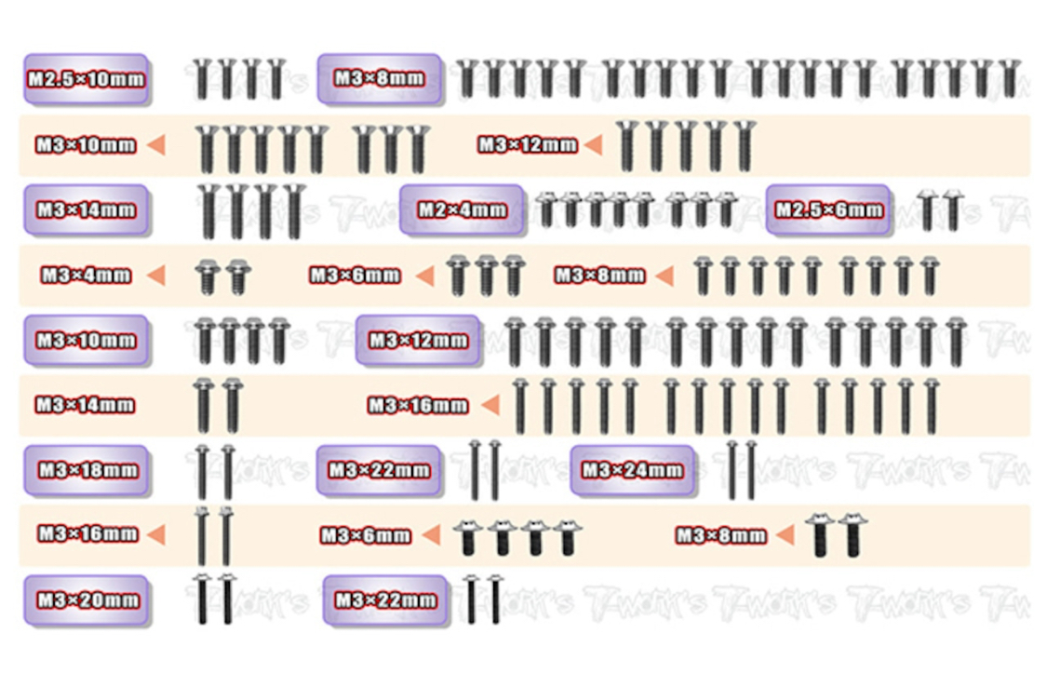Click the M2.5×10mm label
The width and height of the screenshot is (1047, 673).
86,79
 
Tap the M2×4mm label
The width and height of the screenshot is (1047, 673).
462,209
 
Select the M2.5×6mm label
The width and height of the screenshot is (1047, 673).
828,209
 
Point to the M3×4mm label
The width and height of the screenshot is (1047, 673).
86,276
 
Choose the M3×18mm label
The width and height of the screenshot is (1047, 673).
86,470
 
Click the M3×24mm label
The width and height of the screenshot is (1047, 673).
632,470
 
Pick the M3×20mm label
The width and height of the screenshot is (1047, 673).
86,600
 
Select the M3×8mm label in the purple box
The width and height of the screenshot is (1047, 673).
379,79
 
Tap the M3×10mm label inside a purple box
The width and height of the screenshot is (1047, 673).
86,340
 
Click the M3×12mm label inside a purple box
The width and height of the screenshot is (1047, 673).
418,340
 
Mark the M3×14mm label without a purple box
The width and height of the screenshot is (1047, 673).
85,405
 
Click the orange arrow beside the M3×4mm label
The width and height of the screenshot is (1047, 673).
155,276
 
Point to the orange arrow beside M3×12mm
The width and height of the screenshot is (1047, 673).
592,145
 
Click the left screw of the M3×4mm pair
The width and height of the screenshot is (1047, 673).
208,276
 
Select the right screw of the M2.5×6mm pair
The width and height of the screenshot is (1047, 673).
952,209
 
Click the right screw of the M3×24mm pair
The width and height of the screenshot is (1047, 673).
751,469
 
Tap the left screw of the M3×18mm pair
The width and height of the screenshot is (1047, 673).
202,470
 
